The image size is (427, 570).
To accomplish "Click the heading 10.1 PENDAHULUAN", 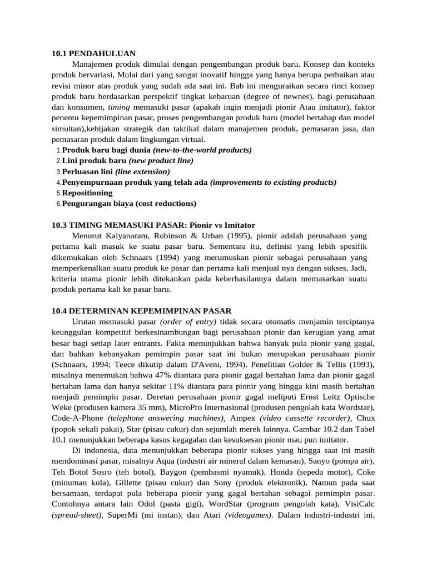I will click(x=93, y=53).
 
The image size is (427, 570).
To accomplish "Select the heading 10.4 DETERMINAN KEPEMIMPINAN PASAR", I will click(x=142, y=311).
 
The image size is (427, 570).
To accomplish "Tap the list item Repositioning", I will click(x=87, y=193).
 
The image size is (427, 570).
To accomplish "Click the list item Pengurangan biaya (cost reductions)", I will click(x=129, y=203).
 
